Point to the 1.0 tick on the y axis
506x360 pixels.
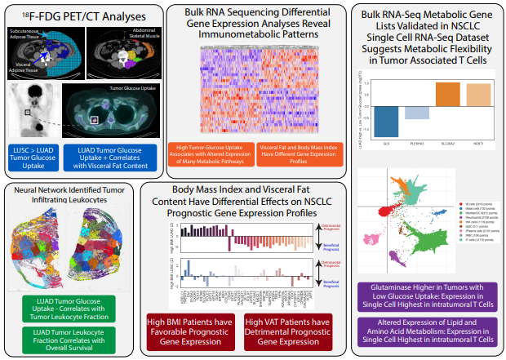368,82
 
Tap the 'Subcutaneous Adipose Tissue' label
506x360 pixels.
29,34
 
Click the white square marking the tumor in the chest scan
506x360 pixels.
29,111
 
